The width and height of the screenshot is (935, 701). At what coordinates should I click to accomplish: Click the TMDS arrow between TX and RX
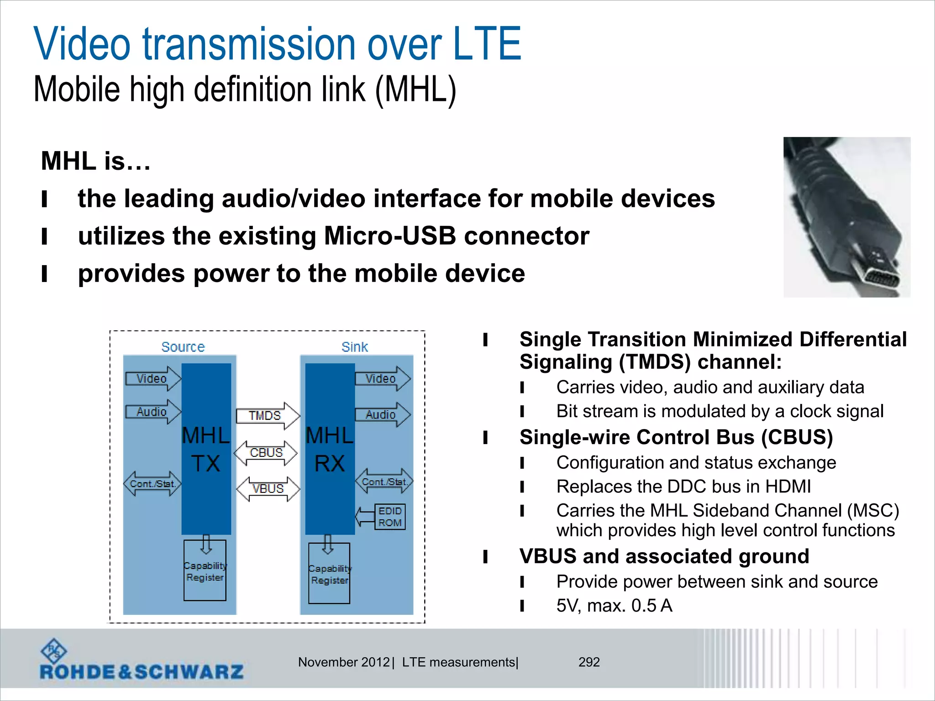(268, 416)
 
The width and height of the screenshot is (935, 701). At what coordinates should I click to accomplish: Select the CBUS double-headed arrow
(266, 453)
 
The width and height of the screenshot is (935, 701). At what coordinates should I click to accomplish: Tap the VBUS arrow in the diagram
(268, 489)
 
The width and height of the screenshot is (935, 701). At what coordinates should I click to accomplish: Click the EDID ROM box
(389, 517)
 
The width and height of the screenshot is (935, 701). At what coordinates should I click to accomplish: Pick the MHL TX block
(206, 449)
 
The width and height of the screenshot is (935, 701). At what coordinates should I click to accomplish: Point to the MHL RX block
(330, 449)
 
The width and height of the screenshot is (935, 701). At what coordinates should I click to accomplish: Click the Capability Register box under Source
(205, 571)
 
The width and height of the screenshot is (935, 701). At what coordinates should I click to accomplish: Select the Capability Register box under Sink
(329, 574)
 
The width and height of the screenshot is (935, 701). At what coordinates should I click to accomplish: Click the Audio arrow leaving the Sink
(382, 414)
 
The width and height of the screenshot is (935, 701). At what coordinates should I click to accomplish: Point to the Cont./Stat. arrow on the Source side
(152, 484)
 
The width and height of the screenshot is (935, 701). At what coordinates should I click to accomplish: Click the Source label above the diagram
(183, 347)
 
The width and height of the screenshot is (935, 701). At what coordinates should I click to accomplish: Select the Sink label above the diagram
(355, 347)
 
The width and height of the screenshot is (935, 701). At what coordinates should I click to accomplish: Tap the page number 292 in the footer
(589, 662)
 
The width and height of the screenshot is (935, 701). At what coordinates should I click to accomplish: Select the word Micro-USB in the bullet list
(389, 236)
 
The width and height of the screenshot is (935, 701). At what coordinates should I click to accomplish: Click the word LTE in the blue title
(487, 44)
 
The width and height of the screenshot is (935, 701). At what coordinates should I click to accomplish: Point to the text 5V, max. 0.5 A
(614, 606)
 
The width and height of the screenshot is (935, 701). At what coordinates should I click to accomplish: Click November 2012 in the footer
(344, 662)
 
